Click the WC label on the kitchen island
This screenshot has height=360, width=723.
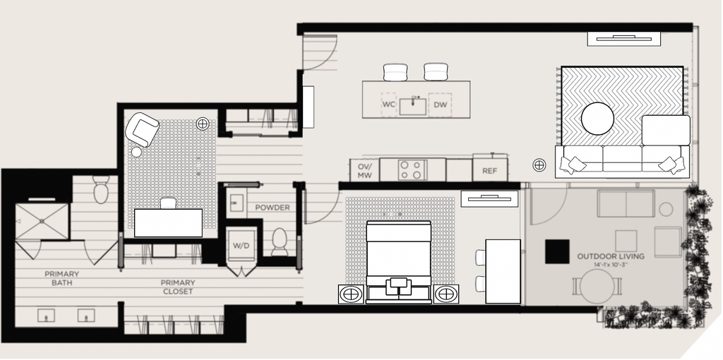coord(389,104)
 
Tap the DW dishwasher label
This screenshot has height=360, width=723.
coord(441,104)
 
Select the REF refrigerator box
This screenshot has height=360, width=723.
coord(490,170)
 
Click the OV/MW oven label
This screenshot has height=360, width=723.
coord(365,171)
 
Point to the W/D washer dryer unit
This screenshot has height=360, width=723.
coord(241,246)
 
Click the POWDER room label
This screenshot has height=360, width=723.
coord(273,208)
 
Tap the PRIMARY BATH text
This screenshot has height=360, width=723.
coord(62,278)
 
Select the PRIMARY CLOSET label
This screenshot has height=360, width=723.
coord(177,287)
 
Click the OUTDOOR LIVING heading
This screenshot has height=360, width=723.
coord(611,256)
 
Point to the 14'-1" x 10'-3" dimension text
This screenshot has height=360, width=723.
coord(611,265)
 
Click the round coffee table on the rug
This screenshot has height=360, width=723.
coord(597,119)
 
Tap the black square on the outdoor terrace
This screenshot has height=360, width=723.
coord(557,252)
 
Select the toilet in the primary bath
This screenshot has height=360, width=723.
coord(100,189)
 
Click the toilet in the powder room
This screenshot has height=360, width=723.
coord(280,241)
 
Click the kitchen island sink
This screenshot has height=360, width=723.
coord(412,107)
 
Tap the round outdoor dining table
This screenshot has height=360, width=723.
coord(597,287)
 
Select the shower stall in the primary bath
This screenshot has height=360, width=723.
coord(42,222)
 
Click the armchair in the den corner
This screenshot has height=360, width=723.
coord(143,129)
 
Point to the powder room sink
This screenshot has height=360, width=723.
coord(237,203)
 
